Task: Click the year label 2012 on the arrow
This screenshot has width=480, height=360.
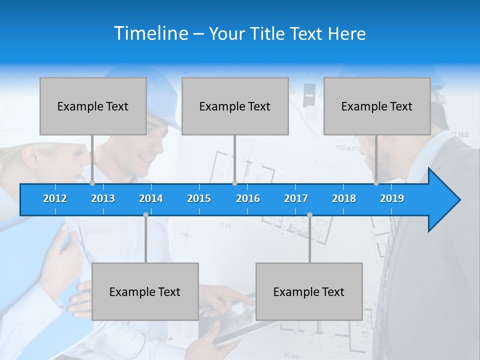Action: [55, 198]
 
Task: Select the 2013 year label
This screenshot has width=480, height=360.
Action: [103, 198]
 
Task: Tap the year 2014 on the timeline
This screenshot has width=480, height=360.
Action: [151, 198]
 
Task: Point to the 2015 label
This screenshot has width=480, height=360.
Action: [199, 198]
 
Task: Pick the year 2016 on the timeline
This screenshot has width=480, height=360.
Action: [248, 198]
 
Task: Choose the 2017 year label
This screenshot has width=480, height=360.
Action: [296, 198]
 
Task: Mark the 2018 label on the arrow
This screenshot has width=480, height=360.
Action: [344, 198]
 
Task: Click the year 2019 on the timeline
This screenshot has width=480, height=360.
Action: [392, 198]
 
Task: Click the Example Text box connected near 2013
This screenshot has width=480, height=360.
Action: [93, 106]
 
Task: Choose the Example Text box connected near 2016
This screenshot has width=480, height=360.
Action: [235, 106]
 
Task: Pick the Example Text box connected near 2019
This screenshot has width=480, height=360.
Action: [377, 106]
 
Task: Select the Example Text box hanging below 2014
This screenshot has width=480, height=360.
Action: [145, 291]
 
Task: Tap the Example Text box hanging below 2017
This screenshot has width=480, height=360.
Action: [309, 291]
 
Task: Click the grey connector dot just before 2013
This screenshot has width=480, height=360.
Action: [92, 183]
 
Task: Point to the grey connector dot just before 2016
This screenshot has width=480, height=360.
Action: [234, 183]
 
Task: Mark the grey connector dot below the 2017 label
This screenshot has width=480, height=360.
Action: [309, 215]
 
